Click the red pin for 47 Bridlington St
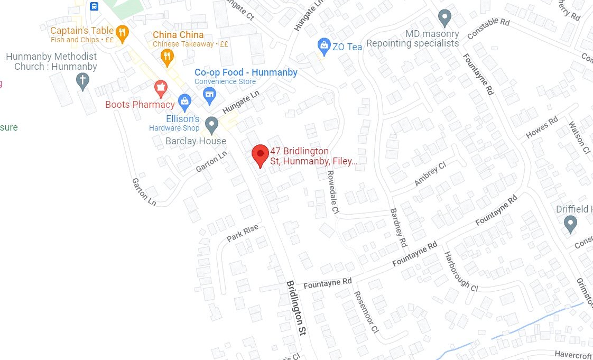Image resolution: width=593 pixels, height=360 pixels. point(260,154)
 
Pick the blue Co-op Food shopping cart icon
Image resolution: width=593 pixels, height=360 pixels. point(210,95)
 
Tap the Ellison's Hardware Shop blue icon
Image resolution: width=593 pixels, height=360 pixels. point(184,100)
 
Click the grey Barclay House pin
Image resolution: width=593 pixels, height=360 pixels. point(211,125)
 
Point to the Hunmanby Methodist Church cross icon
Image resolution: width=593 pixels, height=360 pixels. point(82,81)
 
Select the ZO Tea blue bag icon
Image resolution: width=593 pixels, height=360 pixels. point(323,46)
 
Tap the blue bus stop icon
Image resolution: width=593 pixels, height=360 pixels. point(94,6)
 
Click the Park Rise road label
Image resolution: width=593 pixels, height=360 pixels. point(243,233)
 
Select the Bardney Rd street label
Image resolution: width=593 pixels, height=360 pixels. point(398,228)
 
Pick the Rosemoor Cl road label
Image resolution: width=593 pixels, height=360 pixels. point(366,312)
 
